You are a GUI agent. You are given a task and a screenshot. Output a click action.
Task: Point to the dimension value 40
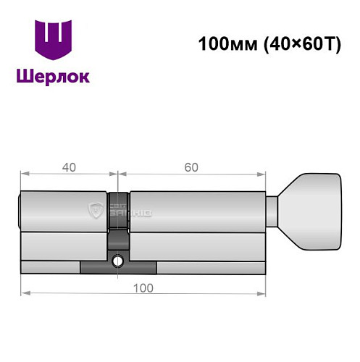[69, 167]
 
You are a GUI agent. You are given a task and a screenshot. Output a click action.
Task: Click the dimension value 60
[191, 167]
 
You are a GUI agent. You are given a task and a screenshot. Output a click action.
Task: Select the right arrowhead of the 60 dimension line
[259, 174]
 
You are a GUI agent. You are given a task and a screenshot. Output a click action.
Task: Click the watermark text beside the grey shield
[127, 211]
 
